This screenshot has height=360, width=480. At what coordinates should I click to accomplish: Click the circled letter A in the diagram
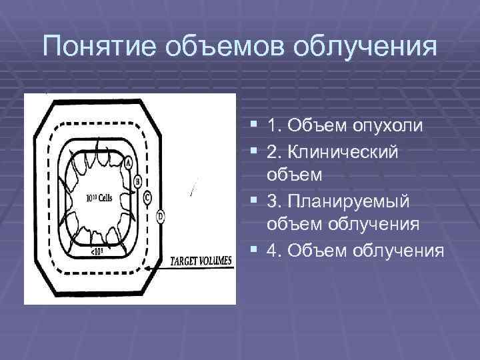click(x=128, y=163)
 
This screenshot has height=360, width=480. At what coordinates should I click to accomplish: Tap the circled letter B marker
click(x=137, y=181)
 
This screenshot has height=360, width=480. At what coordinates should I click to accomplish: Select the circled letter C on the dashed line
click(x=147, y=197)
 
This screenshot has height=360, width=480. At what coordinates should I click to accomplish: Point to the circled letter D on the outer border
click(x=160, y=215)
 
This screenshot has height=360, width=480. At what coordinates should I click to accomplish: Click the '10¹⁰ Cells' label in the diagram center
click(x=99, y=198)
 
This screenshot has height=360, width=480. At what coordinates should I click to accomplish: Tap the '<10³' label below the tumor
click(x=97, y=251)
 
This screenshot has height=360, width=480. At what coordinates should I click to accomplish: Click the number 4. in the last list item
click(x=273, y=251)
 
